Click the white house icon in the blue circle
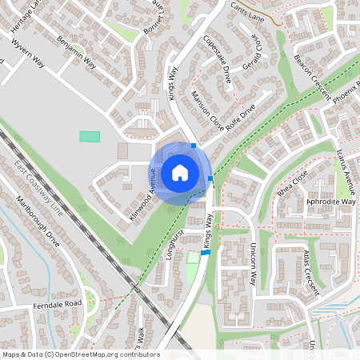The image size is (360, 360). [x=180, y=172]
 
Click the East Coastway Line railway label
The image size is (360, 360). [x=38, y=189]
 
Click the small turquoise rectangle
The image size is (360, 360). [x=90, y=136]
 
